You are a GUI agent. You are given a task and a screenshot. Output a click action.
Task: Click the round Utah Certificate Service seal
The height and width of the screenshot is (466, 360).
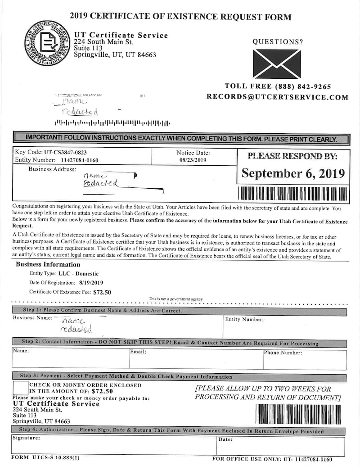pyautogui.click(x=47, y=43)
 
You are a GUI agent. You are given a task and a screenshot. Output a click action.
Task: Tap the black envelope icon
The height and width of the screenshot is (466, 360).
pyautogui.click(x=276, y=64)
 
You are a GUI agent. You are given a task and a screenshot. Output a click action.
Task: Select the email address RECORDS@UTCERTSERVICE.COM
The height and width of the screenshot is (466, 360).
pyautogui.click(x=277, y=97)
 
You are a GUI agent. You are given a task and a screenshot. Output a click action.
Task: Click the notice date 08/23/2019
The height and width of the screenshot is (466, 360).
pyautogui.click(x=193, y=160)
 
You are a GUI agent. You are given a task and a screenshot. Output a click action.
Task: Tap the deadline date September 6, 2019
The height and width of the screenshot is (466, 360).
pyautogui.click(x=293, y=173)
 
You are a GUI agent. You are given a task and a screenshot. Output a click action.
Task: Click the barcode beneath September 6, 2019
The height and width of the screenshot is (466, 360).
pyautogui.click(x=293, y=194)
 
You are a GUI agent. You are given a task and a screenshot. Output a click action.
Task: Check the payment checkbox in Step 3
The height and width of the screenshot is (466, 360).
pyautogui.click(x=20, y=388)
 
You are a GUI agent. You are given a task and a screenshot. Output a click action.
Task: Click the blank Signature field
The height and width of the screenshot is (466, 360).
pyautogui.click(x=114, y=448)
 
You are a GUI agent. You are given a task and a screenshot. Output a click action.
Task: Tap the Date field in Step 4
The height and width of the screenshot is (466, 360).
pyautogui.click(x=281, y=448)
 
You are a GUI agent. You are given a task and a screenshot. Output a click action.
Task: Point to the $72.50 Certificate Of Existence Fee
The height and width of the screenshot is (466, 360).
pyautogui.click(x=102, y=292)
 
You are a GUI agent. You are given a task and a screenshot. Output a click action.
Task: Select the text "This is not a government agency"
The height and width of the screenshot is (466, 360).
pyautogui.click(x=176, y=299)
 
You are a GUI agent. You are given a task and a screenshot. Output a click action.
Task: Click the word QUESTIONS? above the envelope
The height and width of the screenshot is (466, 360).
pyautogui.click(x=278, y=42)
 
